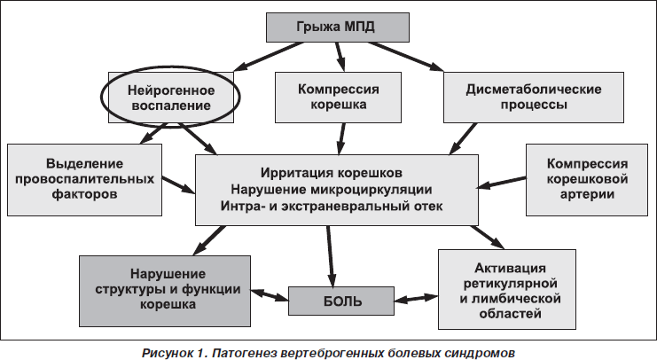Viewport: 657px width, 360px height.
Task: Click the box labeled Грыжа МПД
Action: (338, 27)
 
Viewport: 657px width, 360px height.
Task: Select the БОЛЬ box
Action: (341, 301)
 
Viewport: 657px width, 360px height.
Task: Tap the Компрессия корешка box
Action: (338, 98)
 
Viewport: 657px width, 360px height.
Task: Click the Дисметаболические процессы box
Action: (534, 98)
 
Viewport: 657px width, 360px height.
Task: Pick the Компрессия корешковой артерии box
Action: (587, 180)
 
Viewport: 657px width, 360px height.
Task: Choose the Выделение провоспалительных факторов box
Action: (84, 180)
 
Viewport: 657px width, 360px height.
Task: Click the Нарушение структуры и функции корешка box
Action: (165, 291)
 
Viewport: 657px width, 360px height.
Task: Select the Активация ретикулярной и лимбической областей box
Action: (507, 290)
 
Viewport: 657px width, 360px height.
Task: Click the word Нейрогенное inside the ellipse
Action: (171, 90)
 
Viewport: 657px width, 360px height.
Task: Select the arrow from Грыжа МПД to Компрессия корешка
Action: (340, 56)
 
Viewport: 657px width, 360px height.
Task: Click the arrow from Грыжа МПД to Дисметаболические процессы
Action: (405, 56)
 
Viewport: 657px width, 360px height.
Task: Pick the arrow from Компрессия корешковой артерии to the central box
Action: (502, 183)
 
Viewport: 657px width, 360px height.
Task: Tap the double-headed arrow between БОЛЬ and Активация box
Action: (416, 298)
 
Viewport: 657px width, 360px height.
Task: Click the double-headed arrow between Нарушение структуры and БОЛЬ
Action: (270, 294)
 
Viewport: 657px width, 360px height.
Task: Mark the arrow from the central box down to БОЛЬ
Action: (330, 256)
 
